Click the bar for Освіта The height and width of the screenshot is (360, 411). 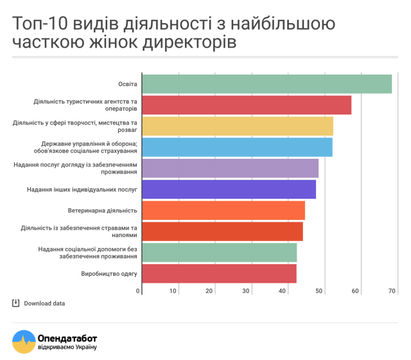pyautogui.click(x=267, y=84)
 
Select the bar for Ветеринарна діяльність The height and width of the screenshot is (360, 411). pyautogui.click(x=223, y=210)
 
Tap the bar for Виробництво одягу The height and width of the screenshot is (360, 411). pyautogui.click(x=219, y=273)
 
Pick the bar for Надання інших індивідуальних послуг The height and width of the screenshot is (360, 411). pyautogui.click(x=229, y=190)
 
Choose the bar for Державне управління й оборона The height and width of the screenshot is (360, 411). pyautogui.click(x=237, y=147)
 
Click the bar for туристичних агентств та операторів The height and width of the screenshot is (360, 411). pyautogui.click(x=247, y=105)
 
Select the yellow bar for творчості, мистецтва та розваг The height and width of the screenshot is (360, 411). pyautogui.click(x=238, y=126)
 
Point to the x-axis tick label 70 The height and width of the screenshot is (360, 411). pyautogui.click(x=391, y=291)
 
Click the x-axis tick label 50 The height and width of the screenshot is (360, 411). pyautogui.click(x=319, y=291)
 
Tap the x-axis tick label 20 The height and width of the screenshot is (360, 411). pyautogui.click(x=209, y=291)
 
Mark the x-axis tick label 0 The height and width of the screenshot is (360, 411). pyautogui.click(x=138, y=291)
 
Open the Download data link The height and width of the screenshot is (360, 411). pyautogui.click(x=44, y=303)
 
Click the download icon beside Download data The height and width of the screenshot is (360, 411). pyautogui.click(x=16, y=303)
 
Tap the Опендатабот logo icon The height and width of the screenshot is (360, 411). pyautogui.click(x=24, y=341)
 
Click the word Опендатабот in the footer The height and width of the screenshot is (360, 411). pyautogui.click(x=67, y=337)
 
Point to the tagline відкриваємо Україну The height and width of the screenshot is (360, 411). pyautogui.click(x=67, y=348)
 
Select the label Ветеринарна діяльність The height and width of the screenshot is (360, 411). pyautogui.click(x=103, y=211)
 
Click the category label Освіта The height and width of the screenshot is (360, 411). pyautogui.click(x=127, y=84)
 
